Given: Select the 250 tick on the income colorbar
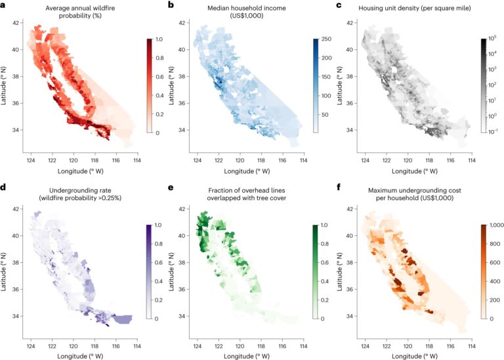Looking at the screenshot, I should point(325,40).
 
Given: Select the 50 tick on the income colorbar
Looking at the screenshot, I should point(323,114).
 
